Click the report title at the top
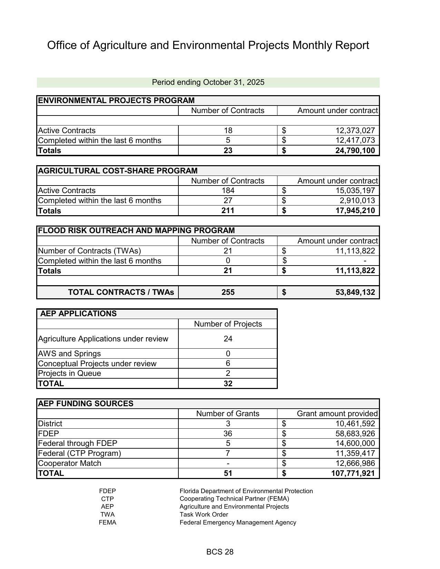pos(208,45)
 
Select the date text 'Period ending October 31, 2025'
pos(208,82)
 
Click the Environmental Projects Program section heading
pos(116,101)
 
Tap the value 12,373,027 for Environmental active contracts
pos(355,131)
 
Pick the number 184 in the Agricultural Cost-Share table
pos(228,191)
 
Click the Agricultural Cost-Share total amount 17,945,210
pos(355,211)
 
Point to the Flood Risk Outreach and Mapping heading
pos(136,231)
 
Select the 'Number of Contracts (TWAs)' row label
pos(89,251)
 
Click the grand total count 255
pos(228,292)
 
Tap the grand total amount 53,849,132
pos(355,292)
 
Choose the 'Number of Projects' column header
pos(228,324)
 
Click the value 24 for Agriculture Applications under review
pos(228,339)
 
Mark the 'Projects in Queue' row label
pos(69,373)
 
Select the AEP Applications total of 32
pos(228,384)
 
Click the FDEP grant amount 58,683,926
pos(355,433)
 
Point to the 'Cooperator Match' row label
pos(69,463)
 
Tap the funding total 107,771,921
pos(353,473)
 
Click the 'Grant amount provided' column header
pos(337,414)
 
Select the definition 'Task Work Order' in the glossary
pos(204,515)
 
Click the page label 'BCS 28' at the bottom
pos(220,552)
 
